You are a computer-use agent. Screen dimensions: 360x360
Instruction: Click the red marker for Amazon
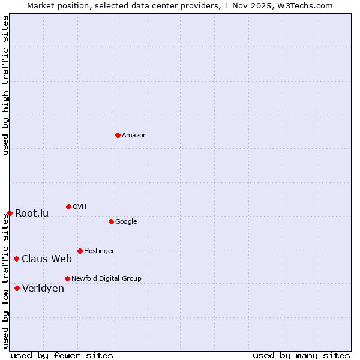coord(118,135)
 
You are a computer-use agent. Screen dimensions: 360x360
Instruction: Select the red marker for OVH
coord(68,206)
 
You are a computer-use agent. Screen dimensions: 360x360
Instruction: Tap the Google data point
coord(111,221)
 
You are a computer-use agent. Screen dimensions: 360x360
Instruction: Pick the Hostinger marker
coord(80,251)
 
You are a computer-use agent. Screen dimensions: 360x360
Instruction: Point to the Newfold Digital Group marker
coord(67,278)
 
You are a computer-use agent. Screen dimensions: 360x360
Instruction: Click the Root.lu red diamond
coord(10,213)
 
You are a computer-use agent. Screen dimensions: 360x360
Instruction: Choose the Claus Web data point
coord(16,259)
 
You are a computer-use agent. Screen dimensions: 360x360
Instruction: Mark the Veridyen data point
coord(17,288)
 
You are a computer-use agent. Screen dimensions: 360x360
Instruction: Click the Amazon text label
coord(134,136)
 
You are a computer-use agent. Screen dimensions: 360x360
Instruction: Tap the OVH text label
coord(80,207)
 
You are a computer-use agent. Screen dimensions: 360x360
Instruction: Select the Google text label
coord(126,222)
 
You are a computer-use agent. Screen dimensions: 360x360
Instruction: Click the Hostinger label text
coord(99,251)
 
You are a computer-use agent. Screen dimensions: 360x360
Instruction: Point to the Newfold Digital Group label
coord(106,279)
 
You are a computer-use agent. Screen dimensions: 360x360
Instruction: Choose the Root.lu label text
coord(32,214)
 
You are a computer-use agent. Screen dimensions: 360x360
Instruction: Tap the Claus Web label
coord(47,259)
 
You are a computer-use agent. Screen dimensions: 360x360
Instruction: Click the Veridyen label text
coord(43,289)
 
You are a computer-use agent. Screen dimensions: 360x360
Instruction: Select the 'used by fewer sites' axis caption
coord(62,355)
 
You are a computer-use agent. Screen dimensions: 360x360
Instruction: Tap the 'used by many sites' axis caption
coord(301,355)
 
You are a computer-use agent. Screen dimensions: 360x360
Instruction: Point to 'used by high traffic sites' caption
coord(5,85)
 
